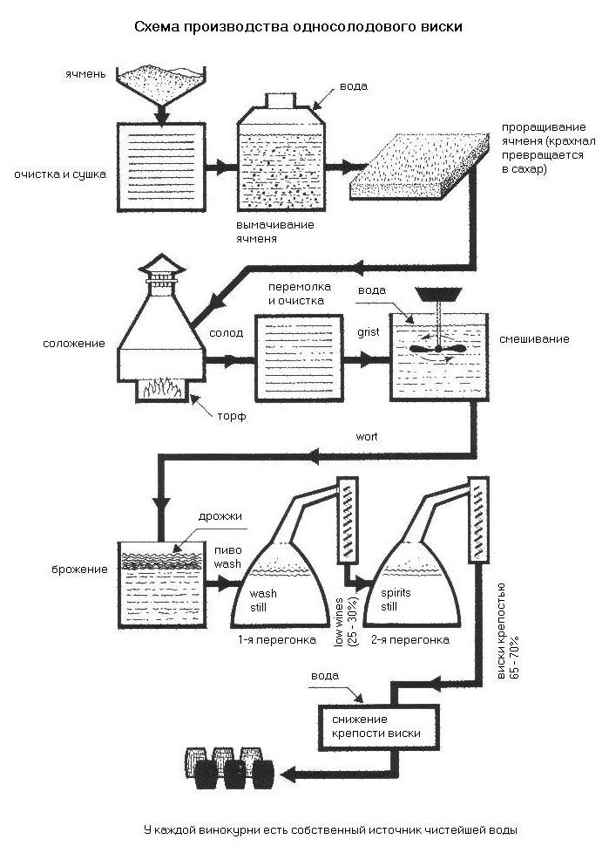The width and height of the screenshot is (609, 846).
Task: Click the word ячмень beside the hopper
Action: tap(85, 74)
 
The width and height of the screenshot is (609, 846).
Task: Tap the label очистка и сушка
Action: tap(60, 174)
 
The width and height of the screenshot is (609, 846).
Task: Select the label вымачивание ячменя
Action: tap(274, 231)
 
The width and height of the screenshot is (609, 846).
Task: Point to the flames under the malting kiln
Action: tap(161, 388)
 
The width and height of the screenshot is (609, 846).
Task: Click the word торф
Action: tap(232, 417)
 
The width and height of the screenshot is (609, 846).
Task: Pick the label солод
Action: tap(227, 333)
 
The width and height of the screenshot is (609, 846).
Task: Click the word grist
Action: tap(368, 331)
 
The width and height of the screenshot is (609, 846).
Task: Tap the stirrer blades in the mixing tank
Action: tap(437, 349)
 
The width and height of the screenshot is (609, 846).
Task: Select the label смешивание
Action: tap(534, 338)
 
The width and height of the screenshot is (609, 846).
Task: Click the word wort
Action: tap(367, 436)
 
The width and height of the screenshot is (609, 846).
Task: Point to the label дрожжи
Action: tap(220, 516)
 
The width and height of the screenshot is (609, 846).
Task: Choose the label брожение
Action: tap(80, 570)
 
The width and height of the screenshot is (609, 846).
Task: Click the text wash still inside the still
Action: tap(263, 601)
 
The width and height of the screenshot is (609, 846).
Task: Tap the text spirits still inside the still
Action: tap(396, 599)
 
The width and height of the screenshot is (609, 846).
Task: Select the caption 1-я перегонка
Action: tap(277, 640)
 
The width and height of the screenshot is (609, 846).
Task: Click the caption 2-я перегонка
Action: tap(410, 640)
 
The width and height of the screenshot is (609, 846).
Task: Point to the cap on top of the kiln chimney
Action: tap(162, 265)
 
